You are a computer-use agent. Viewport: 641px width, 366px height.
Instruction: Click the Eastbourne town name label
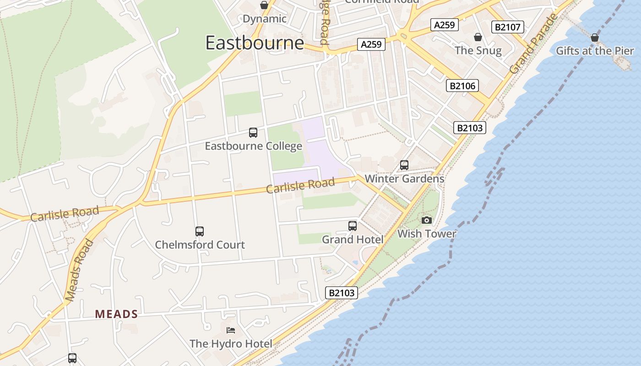pyautogui.click(x=255, y=43)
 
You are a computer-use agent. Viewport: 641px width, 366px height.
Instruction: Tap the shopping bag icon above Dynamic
pyautogui.click(x=264, y=5)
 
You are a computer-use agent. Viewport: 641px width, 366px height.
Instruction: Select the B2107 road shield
pyautogui.click(x=508, y=27)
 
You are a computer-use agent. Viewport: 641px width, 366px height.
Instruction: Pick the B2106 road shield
pyautogui.click(x=463, y=86)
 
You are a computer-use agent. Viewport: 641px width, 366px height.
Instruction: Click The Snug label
pyautogui.click(x=478, y=50)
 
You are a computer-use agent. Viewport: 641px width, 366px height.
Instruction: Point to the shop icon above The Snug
pyautogui.click(x=478, y=37)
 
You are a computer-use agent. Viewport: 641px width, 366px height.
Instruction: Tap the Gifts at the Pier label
pyautogui.click(x=595, y=51)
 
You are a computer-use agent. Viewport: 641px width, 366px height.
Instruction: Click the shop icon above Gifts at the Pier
pyautogui.click(x=595, y=38)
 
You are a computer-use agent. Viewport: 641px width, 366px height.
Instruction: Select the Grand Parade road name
pyautogui.click(x=534, y=44)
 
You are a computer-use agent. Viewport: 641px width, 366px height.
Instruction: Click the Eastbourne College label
pyautogui.click(x=253, y=146)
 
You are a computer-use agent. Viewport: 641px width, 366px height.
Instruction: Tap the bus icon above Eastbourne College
pyautogui.click(x=253, y=133)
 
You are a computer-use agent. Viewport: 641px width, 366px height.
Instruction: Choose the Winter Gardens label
pyautogui.click(x=404, y=178)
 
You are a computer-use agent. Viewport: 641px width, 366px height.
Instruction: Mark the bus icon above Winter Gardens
pyautogui.click(x=404, y=165)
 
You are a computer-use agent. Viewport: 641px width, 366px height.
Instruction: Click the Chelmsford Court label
pyautogui.click(x=200, y=245)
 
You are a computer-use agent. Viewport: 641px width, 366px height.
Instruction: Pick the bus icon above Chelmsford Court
pyautogui.click(x=200, y=231)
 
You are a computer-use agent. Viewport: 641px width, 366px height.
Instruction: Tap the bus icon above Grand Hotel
pyautogui.click(x=353, y=226)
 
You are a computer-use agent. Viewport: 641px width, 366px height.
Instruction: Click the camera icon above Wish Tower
pyautogui.click(x=427, y=221)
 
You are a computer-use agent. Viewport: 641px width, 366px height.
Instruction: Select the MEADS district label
pyautogui.click(x=116, y=314)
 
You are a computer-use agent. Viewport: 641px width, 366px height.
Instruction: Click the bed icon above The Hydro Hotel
pyautogui.click(x=231, y=330)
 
